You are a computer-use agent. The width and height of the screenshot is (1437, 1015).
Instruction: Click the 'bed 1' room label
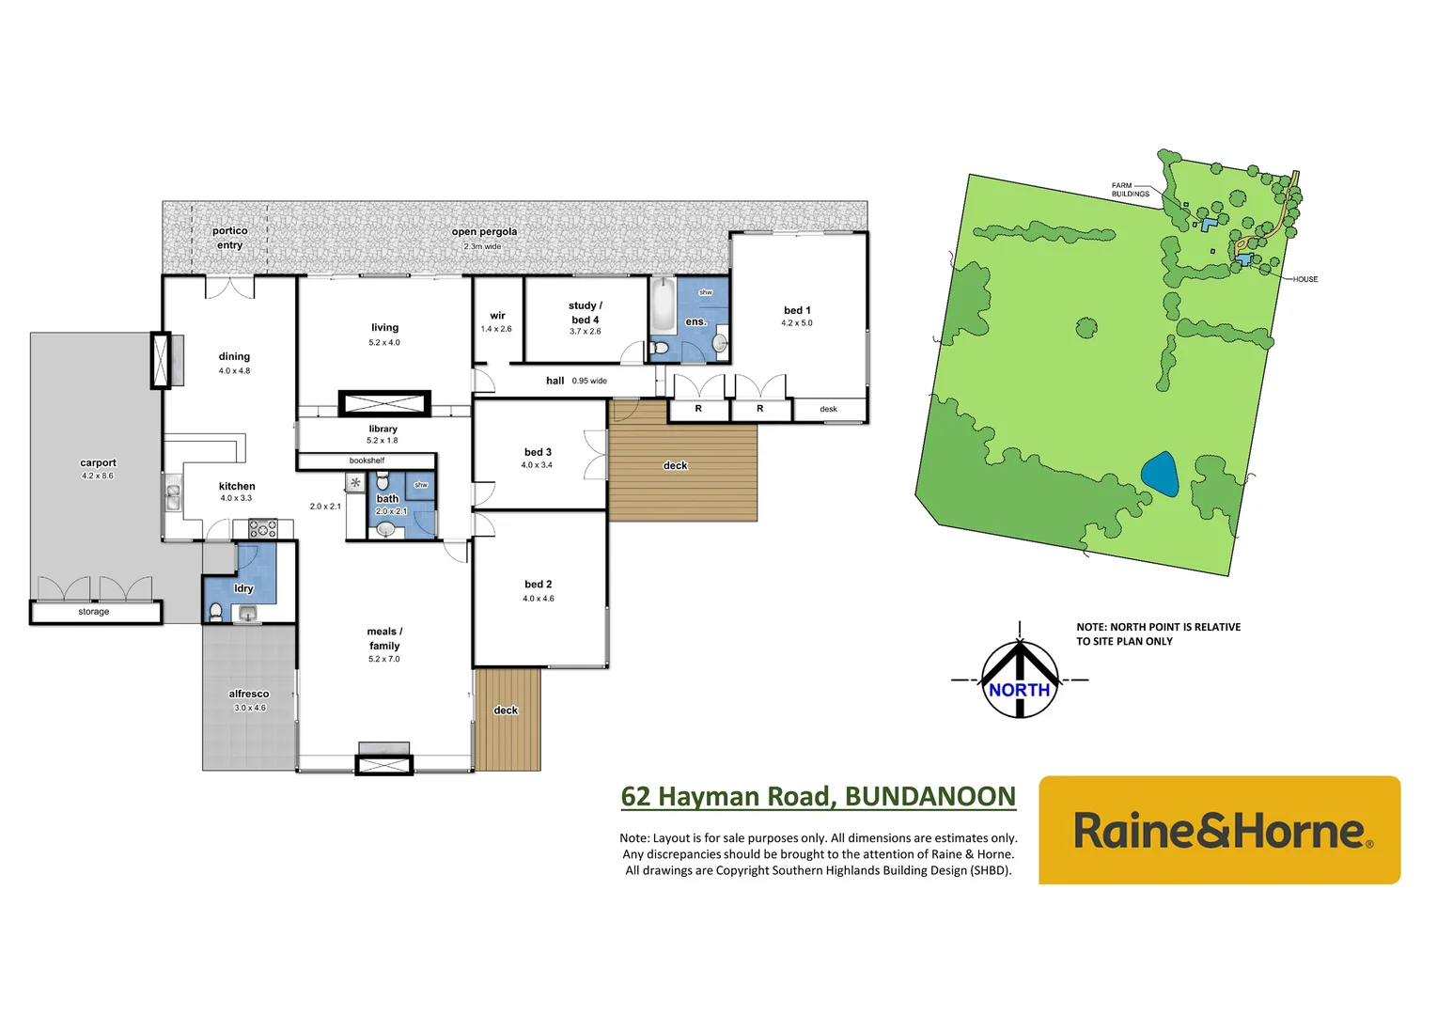tap(797, 310)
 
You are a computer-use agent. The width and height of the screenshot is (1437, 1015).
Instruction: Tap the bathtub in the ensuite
tap(663, 304)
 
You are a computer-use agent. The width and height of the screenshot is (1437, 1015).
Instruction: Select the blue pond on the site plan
tap(1160, 475)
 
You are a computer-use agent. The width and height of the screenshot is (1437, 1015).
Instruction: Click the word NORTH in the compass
tap(1019, 690)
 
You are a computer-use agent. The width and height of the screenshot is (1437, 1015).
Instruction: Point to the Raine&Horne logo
tap(1219, 831)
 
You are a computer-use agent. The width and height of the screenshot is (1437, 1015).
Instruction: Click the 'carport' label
tap(98, 462)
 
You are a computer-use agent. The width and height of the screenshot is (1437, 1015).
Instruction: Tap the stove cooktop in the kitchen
tap(263, 528)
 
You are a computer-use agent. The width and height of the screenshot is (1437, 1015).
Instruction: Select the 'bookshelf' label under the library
tap(367, 461)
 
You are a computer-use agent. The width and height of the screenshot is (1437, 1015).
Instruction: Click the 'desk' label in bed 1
tap(828, 409)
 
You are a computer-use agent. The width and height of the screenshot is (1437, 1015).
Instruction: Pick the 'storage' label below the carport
tap(94, 612)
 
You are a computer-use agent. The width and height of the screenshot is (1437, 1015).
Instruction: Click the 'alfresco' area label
tap(249, 694)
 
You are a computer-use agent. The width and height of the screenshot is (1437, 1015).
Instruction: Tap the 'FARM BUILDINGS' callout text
tap(1130, 190)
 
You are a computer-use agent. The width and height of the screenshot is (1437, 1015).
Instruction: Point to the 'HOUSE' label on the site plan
tap(1304, 279)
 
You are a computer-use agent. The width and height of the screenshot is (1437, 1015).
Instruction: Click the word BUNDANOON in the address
tap(929, 797)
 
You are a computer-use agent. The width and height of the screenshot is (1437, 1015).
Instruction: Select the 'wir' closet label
tap(497, 316)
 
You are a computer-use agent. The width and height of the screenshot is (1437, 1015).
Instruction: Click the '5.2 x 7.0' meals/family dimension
tap(383, 660)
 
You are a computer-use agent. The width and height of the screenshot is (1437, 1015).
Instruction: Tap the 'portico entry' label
tap(229, 238)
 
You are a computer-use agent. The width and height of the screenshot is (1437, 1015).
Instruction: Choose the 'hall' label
tap(555, 381)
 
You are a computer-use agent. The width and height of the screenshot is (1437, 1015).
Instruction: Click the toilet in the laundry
tap(216, 612)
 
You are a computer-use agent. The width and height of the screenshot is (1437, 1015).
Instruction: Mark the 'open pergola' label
tap(484, 231)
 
